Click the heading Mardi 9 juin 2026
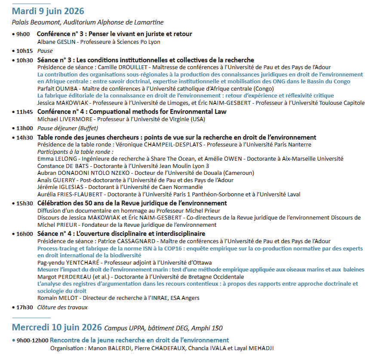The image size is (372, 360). pos(48,11)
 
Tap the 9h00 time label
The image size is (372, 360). pos(23,34)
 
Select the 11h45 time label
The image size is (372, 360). pos(25,112)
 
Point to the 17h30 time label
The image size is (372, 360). pos(25,307)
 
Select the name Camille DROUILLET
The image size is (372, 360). pos(119,67)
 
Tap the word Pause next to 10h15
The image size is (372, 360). pos(45,51)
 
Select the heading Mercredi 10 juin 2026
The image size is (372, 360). pos(57,327)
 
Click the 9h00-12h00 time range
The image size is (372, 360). pos(32,340)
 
